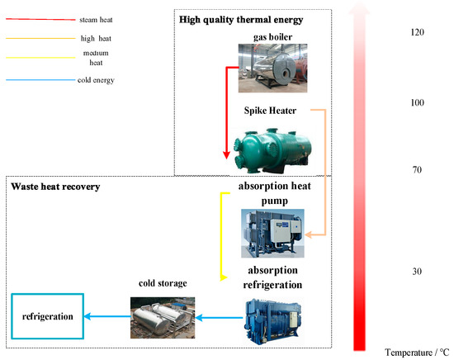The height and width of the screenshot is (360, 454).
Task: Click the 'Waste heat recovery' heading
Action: [x=55, y=187]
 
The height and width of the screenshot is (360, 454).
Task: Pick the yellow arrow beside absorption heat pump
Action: [x=221, y=235]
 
